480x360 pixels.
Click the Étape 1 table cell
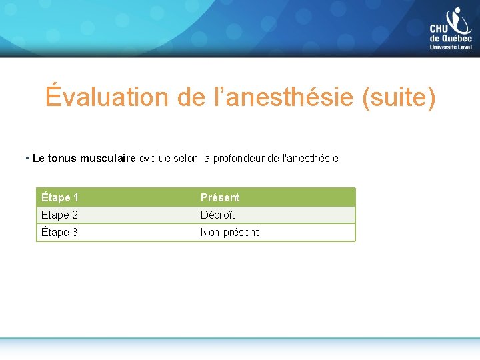pos(60,197)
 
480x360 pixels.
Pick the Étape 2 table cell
pos(60,215)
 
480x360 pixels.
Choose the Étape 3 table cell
pos(60,232)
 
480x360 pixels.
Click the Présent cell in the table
pos(220,197)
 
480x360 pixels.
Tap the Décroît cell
pos(218,215)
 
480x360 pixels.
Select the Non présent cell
pos(229,232)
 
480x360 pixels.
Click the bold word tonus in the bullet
pos(63,159)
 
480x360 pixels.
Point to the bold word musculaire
pos(108,159)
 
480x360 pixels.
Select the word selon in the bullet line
pos(187,159)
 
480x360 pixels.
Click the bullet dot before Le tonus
pos(27,159)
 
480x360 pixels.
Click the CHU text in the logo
pos(439,29)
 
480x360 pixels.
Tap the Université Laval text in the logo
pos(451,47)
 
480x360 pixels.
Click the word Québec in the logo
pos(457,39)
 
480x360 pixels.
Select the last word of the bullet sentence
pos(311,159)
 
